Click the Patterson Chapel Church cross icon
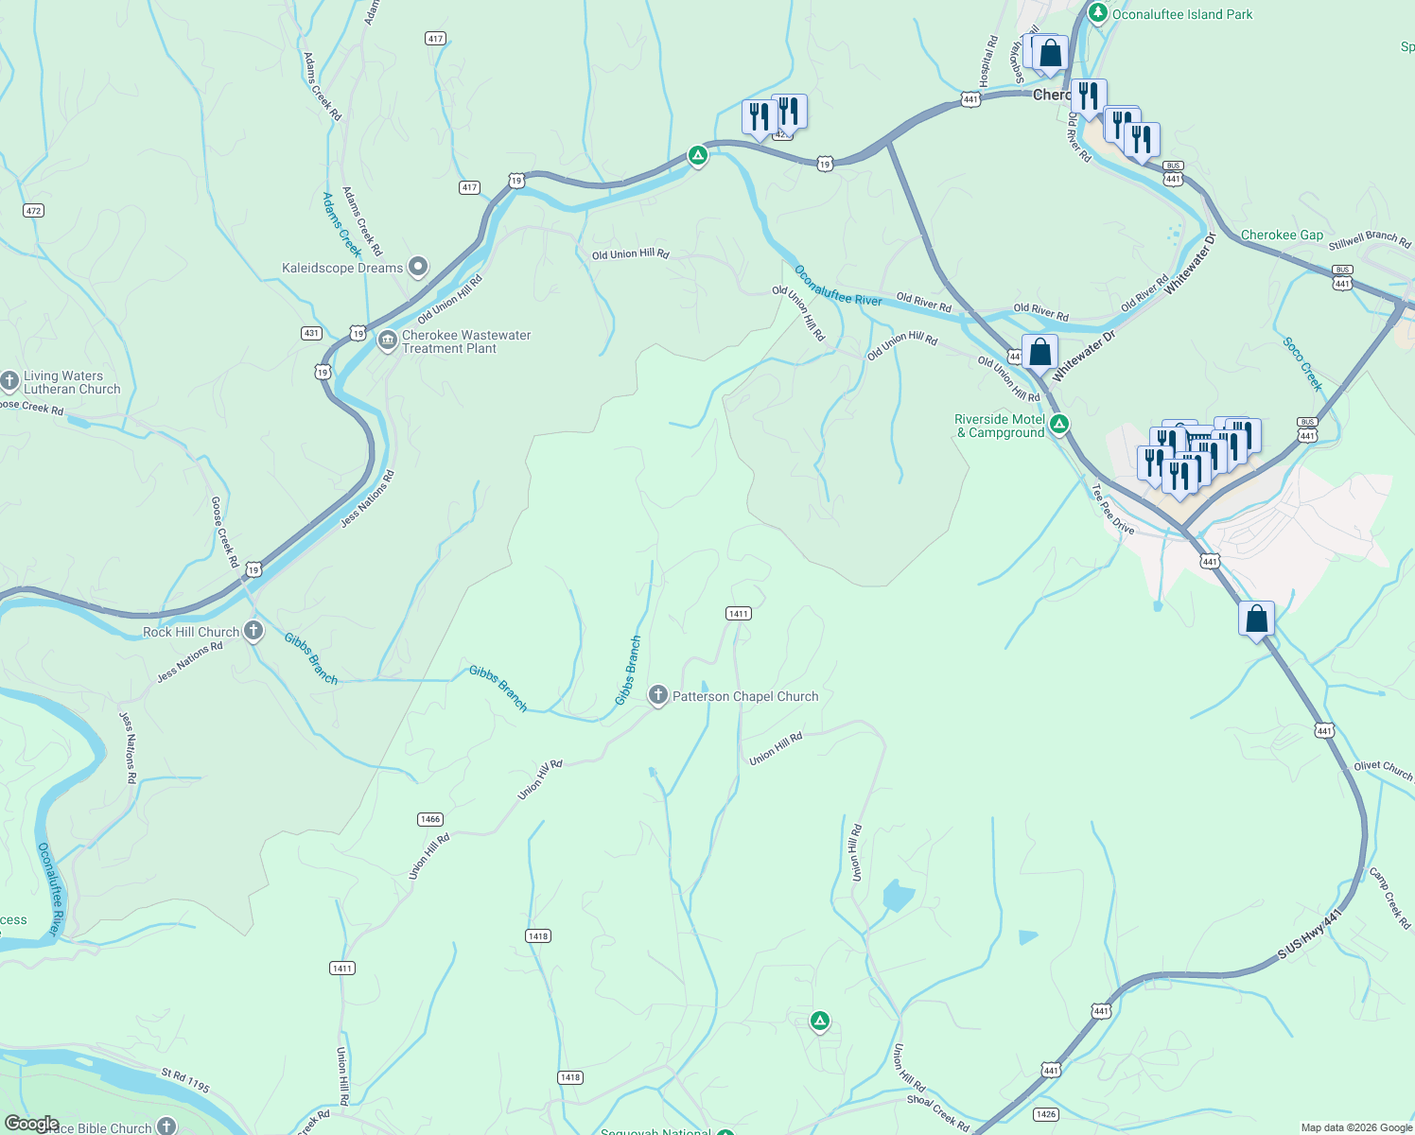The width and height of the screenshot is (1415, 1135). point(657,696)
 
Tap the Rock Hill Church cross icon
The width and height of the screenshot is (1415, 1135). point(253,631)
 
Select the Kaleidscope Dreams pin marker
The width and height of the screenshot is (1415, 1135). point(417,268)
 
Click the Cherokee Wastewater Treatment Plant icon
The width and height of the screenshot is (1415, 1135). point(387,340)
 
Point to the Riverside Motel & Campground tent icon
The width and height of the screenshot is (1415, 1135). point(1059,425)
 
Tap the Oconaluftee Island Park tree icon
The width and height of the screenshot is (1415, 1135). point(1097,13)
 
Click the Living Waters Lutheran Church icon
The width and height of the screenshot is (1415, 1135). point(9,381)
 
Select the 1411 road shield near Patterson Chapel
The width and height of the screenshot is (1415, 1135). point(738,614)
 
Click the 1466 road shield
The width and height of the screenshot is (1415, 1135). point(429,819)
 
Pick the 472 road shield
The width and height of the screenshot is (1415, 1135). point(34,210)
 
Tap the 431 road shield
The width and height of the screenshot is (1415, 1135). point(311,333)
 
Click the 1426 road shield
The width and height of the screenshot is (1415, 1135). point(1045,1114)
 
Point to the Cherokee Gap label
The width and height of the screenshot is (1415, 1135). point(1282,235)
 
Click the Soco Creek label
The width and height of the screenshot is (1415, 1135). point(1301,364)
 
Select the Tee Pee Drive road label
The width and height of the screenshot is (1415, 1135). point(1112,510)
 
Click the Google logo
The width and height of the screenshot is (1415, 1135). point(31,1124)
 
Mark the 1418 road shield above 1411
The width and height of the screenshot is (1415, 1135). point(537,936)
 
